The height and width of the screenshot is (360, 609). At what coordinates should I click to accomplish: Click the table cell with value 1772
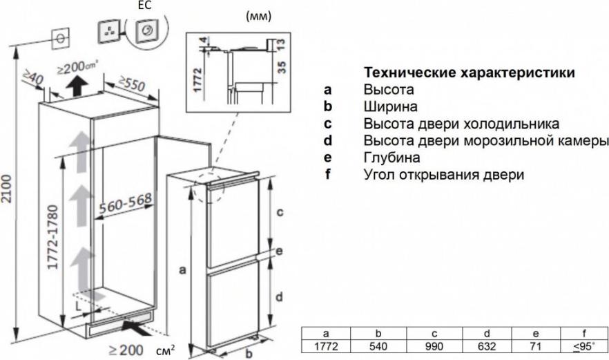[x=326, y=346]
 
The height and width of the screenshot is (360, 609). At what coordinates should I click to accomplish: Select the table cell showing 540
[x=378, y=346]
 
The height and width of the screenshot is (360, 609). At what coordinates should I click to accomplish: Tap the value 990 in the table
[x=434, y=346]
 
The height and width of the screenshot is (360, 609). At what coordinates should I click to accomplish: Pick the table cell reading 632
[x=487, y=346]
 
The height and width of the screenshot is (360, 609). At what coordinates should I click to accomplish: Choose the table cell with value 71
[x=536, y=346]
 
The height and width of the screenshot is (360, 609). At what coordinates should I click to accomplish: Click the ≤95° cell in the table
[x=584, y=346]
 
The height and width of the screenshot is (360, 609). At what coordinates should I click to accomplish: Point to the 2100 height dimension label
[x=7, y=189]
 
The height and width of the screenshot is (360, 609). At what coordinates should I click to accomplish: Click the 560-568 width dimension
[x=125, y=203]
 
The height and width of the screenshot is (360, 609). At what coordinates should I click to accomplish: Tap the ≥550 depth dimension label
[x=132, y=84]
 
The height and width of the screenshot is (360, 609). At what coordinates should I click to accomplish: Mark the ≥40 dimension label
[x=32, y=77]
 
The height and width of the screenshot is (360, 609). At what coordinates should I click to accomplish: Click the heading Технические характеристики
[x=470, y=73]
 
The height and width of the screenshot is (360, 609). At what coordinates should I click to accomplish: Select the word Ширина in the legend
[x=390, y=106]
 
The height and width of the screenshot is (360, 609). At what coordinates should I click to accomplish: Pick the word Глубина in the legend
[x=391, y=158]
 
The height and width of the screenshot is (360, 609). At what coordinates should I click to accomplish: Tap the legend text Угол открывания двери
[x=443, y=175]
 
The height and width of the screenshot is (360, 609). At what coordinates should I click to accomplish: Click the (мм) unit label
[x=259, y=17]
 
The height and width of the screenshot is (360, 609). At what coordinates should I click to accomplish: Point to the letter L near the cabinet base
[x=78, y=306]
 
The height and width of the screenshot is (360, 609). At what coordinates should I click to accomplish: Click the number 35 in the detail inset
[x=282, y=67]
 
